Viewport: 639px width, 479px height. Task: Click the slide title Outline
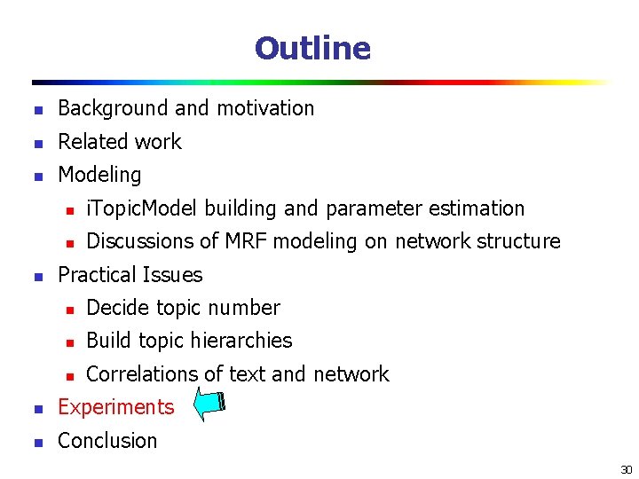point(312,48)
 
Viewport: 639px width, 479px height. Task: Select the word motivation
point(263,108)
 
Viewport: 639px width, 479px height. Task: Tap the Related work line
point(119,142)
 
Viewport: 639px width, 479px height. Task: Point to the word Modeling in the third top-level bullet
point(99,175)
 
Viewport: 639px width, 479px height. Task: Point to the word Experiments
point(115,407)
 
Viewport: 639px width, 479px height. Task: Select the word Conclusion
point(106,441)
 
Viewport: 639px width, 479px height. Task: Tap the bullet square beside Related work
point(37,143)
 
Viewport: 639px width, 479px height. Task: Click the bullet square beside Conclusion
point(37,442)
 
